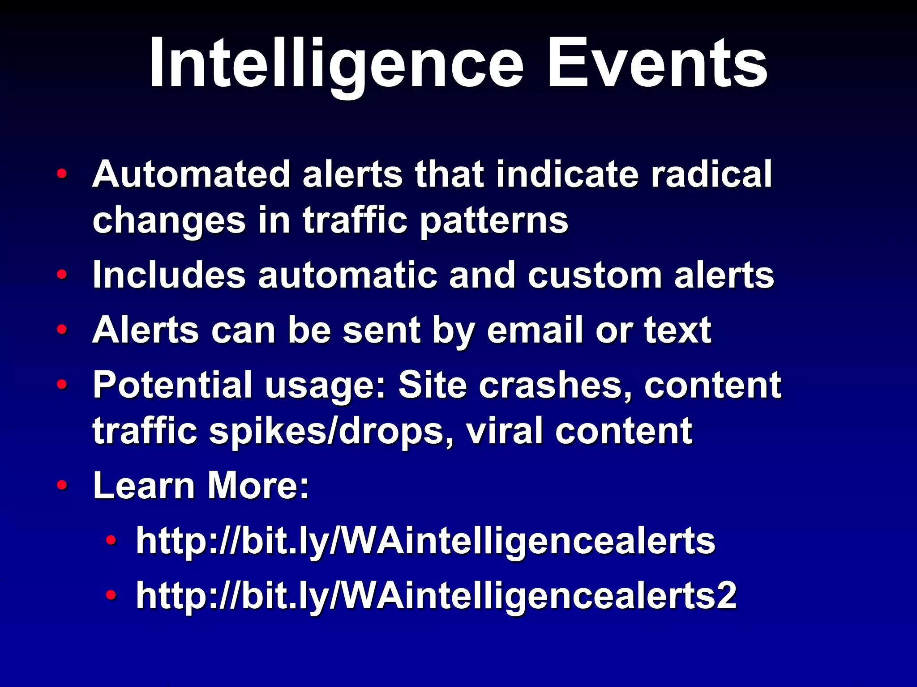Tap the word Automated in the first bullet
tap(192, 174)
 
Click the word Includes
tap(169, 275)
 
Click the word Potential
tap(173, 385)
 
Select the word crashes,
tap(555, 385)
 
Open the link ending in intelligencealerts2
tap(436, 596)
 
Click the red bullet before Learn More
tap(62, 485)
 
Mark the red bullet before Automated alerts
tap(62, 174)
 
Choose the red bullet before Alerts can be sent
tap(62, 330)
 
